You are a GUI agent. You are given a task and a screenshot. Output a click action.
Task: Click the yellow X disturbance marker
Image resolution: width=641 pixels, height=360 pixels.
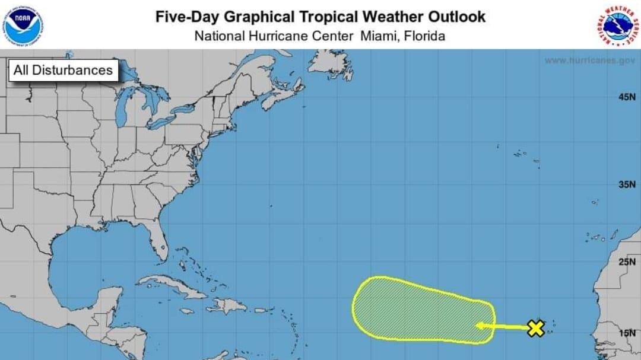pyautogui.click(x=536, y=328)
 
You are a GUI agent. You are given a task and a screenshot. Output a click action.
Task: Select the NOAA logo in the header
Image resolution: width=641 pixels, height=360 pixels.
pyautogui.click(x=24, y=24)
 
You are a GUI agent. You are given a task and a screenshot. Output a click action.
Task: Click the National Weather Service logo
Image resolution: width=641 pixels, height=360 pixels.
pyautogui.click(x=617, y=25)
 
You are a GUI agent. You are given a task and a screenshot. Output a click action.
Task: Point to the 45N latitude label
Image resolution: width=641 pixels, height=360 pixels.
pyautogui.click(x=626, y=97)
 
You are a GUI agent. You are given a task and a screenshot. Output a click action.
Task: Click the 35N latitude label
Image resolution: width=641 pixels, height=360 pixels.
pyautogui.click(x=626, y=184)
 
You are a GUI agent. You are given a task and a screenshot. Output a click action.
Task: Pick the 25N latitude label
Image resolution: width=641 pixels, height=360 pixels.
pyautogui.click(x=626, y=262)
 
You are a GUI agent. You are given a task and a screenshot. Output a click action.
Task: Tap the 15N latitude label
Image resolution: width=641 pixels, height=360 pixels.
pyautogui.click(x=626, y=333)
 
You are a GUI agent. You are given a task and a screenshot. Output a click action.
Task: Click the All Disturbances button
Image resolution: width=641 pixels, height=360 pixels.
pyautogui.click(x=63, y=70)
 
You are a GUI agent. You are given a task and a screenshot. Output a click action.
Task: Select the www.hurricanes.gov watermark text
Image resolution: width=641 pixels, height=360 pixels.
pyautogui.click(x=589, y=60)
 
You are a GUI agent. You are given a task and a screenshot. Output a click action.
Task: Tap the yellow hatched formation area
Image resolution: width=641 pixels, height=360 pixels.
pyautogui.click(x=415, y=308)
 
